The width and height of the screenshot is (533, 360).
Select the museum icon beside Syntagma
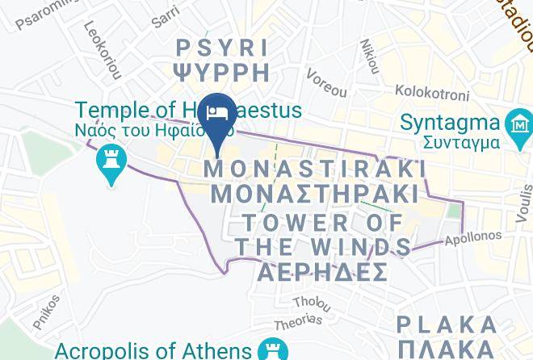click(x=517, y=126)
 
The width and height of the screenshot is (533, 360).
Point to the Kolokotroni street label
click(x=431, y=94)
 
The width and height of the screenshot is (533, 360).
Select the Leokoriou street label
click(x=102, y=50)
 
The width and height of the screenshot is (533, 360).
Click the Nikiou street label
click(x=370, y=56)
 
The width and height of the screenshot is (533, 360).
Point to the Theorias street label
click(x=298, y=320)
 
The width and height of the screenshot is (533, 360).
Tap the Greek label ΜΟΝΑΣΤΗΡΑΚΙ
click(x=315, y=195)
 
